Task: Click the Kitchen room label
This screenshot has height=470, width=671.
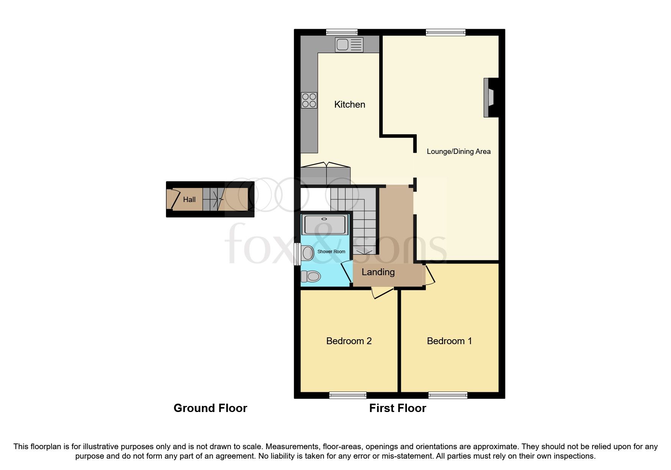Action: tap(349, 105)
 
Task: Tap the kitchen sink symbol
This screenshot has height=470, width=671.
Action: tap(349, 45)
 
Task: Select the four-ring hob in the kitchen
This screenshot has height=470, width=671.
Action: tap(309, 100)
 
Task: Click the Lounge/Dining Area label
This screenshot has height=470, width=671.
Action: tap(458, 152)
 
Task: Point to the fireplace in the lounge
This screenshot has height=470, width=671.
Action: tap(490, 97)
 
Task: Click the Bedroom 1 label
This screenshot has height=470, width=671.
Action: tap(449, 341)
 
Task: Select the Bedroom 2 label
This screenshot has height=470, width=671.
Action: tap(349, 341)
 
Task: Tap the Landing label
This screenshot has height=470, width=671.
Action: tap(378, 272)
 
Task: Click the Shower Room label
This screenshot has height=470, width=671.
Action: tap(331, 252)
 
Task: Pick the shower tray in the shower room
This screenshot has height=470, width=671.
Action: tap(324, 225)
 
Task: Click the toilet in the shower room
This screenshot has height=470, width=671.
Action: tap(310, 276)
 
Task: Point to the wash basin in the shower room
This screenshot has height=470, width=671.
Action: tap(307, 253)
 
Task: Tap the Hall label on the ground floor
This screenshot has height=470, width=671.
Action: tap(189, 200)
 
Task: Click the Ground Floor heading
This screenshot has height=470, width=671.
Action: tap(210, 408)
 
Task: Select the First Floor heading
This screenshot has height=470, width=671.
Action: tap(397, 408)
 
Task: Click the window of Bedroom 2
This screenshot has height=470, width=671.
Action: tap(348, 395)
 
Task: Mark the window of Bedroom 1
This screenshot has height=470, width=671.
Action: tap(447, 395)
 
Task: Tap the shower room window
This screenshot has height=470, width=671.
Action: tap(297, 254)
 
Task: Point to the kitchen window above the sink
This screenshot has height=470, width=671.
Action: tap(342, 33)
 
